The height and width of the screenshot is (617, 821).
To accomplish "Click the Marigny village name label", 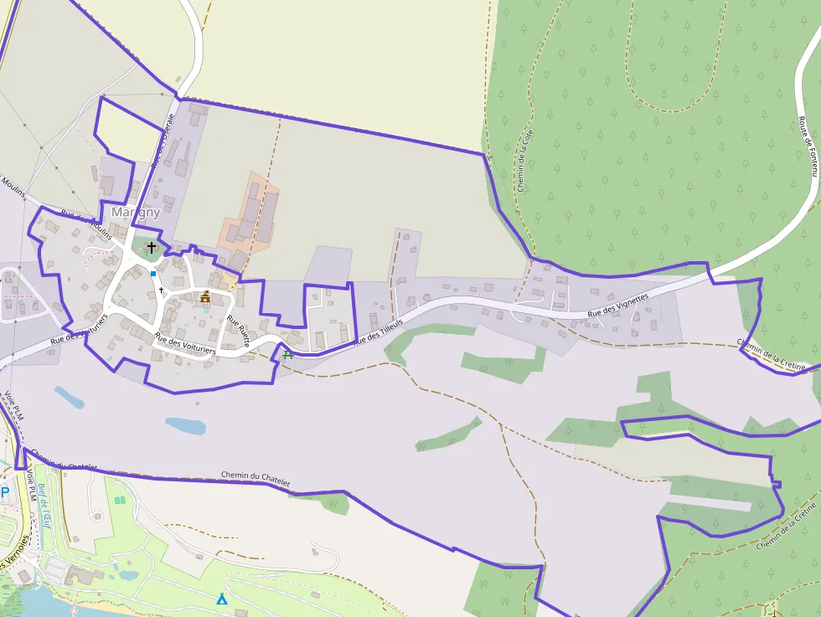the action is point(135,213).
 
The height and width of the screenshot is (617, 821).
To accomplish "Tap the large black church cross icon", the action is point(152,247).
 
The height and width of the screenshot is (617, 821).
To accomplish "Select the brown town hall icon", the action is point(205,296).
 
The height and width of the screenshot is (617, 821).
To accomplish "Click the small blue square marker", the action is point(153,273).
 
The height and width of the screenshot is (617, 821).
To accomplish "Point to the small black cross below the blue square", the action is point(160,289).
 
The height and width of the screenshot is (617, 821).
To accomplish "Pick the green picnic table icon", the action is point(288,354).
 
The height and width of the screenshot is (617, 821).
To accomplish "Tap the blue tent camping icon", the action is point(222,599).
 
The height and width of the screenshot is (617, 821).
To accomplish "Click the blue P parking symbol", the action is point(4,492).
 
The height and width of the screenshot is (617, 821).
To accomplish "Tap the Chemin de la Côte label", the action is point(525,159).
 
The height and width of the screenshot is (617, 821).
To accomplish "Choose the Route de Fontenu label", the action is point(808,146).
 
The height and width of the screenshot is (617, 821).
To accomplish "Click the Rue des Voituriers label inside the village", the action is point(185,344).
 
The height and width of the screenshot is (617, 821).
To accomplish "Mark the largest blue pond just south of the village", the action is point(185,426).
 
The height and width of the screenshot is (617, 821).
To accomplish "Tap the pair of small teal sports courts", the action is point(120,500).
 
